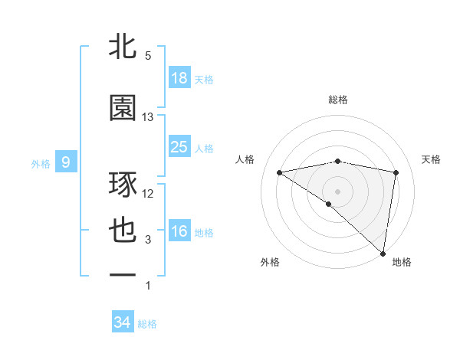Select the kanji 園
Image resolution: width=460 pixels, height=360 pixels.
pos(123,108)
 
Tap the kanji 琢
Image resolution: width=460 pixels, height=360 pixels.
pos(123,186)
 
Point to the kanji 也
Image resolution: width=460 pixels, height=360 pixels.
pos(123,231)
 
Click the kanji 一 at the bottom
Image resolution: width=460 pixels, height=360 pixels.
pos(123,274)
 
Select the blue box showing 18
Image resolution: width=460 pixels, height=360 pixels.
pos(179,78)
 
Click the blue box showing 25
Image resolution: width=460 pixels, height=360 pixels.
pos(179,146)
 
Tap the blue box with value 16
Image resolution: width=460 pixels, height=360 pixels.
pos(179,231)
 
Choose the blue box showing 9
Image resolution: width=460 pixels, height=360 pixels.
pos(66,162)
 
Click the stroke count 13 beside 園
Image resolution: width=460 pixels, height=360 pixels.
pos(148,117)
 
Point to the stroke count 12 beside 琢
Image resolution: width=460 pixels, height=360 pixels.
pos(148,194)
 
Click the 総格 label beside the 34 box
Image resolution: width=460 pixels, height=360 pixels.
pos(147,324)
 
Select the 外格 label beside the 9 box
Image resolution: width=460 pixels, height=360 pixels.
pos(40,163)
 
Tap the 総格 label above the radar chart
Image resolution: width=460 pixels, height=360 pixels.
pos(338,100)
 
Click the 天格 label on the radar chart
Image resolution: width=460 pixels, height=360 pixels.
pos(432,159)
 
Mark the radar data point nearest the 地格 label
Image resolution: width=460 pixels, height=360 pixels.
pos(384,253)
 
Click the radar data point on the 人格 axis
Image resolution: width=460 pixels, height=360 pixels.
pos(279,172)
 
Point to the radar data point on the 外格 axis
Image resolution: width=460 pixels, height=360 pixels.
pos(329,204)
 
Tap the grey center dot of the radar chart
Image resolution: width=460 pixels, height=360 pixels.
pos(337,191)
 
